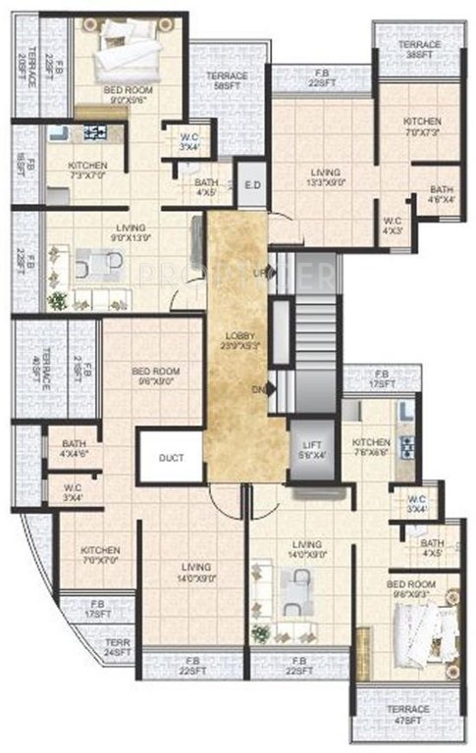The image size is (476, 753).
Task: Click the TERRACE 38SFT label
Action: pos(419,50)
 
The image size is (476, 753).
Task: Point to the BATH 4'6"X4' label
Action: pos(441,194)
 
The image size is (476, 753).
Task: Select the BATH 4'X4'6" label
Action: pos(74,448)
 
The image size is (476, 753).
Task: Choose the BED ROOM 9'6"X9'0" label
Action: pos(156,376)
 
